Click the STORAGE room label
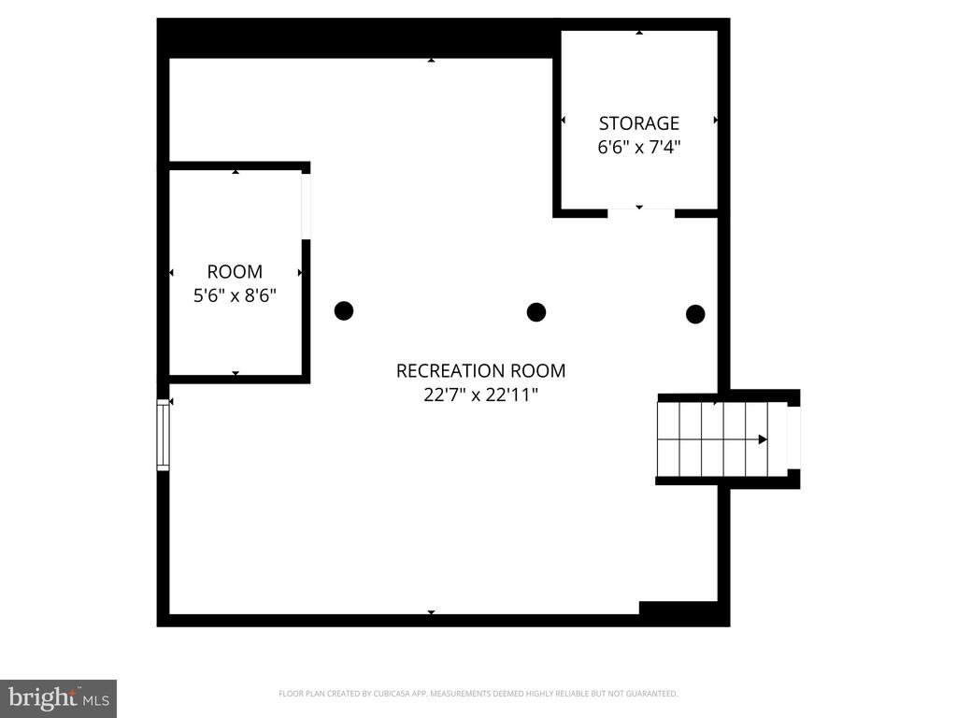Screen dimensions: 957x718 638,123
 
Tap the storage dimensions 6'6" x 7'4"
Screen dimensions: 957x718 638,147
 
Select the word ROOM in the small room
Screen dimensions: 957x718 235,272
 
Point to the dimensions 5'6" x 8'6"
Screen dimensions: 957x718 235,295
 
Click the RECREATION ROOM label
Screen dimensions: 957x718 481,370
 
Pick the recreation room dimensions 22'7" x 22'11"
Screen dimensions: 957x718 481,395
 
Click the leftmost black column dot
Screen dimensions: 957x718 344,310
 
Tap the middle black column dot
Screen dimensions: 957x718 536,312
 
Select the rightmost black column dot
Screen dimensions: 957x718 695,314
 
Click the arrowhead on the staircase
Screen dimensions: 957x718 763,439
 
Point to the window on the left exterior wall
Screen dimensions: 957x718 163,435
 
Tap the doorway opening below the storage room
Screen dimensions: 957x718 641,213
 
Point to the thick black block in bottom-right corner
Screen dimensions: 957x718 684,613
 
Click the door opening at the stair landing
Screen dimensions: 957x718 793,438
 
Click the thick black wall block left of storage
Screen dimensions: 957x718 360,37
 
